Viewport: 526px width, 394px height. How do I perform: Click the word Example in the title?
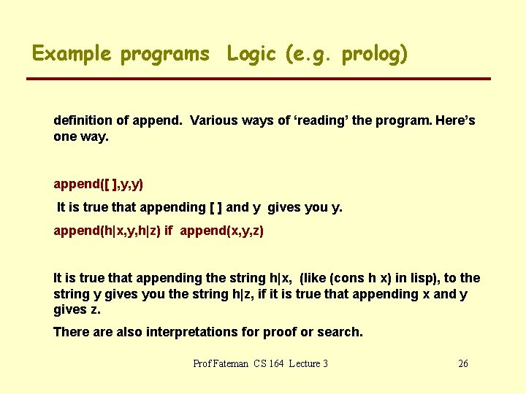click(x=72, y=54)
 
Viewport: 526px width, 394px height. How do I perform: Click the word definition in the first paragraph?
click(x=81, y=120)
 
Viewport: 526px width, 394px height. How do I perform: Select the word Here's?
click(x=454, y=120)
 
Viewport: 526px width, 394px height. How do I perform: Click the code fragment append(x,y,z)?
click(x=221, y=231)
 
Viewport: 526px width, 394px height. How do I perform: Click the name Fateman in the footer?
click(x=232, y=363)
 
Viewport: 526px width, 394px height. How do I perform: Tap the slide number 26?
click(x=462, y=363)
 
